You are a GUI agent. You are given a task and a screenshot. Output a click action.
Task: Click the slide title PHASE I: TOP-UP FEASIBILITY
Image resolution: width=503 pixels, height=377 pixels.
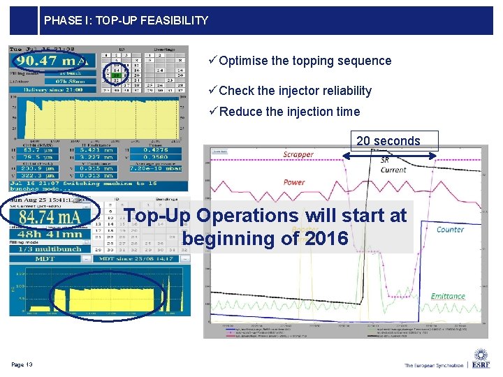(126, 21)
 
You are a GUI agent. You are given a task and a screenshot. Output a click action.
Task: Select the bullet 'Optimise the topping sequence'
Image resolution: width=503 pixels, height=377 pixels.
(305, 61)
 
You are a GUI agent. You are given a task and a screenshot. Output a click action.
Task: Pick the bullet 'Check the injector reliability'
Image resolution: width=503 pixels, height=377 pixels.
(295, 91)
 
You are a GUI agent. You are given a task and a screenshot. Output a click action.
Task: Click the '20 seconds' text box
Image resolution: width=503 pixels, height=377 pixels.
(388, 141)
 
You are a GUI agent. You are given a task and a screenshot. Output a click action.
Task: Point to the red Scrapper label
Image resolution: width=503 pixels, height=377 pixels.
(298, 154)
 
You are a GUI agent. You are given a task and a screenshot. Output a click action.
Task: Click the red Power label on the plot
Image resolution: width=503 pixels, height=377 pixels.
(294, 182)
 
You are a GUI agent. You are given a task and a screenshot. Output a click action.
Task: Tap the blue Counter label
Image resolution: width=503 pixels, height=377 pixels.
(450, 229)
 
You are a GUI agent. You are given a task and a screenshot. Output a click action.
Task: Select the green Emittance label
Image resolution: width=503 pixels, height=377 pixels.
(448, 296)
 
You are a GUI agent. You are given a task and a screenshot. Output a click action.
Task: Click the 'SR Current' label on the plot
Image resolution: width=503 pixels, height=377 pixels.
(393, 165)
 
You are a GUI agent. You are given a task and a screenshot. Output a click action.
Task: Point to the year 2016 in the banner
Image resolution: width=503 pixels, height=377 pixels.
(326, 239)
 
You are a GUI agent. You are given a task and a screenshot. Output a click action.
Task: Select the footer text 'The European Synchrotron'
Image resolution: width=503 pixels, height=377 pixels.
(433, 365)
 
